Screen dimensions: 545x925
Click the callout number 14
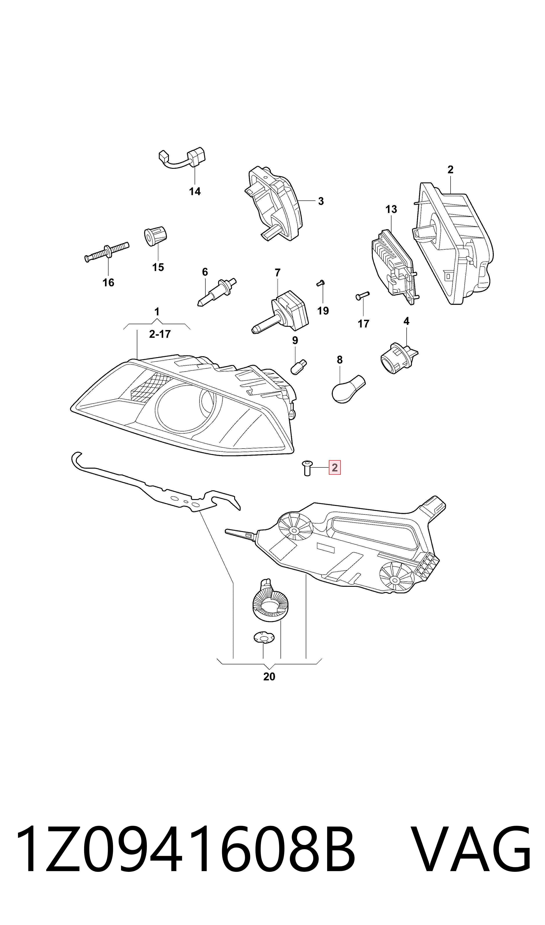point(195,191)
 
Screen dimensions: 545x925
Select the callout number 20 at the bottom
point(269,676)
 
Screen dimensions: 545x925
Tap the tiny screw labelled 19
point(320,283)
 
